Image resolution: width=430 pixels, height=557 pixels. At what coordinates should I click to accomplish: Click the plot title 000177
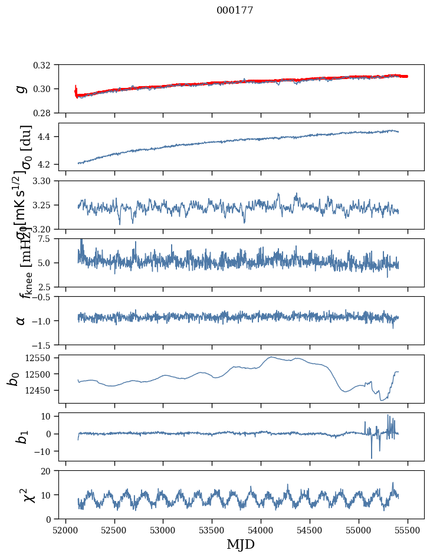235,11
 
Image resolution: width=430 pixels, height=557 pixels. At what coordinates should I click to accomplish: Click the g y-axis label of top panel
21,89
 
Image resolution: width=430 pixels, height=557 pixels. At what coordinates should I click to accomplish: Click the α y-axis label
21,320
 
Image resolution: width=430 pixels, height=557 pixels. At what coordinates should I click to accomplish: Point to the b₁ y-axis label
21,437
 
